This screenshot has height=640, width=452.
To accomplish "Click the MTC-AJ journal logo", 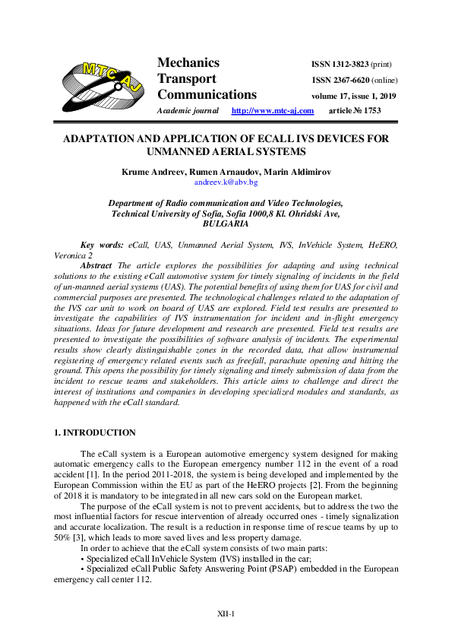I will pos(103,84).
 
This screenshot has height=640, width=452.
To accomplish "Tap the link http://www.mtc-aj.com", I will pos(272,111).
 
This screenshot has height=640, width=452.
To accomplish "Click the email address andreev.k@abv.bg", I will pos(226,183).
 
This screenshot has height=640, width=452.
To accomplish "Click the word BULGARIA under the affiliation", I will pos(226,225).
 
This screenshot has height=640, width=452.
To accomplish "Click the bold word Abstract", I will pos(96,265).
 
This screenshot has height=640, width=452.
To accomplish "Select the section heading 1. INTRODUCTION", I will pos(95,432).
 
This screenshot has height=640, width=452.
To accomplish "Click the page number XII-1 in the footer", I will pos(226,613).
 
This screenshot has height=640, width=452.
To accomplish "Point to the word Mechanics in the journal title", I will pos(188,63).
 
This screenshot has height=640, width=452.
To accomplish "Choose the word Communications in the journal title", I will pos(207,95).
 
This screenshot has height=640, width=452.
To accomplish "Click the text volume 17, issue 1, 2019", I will pos(354,97).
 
